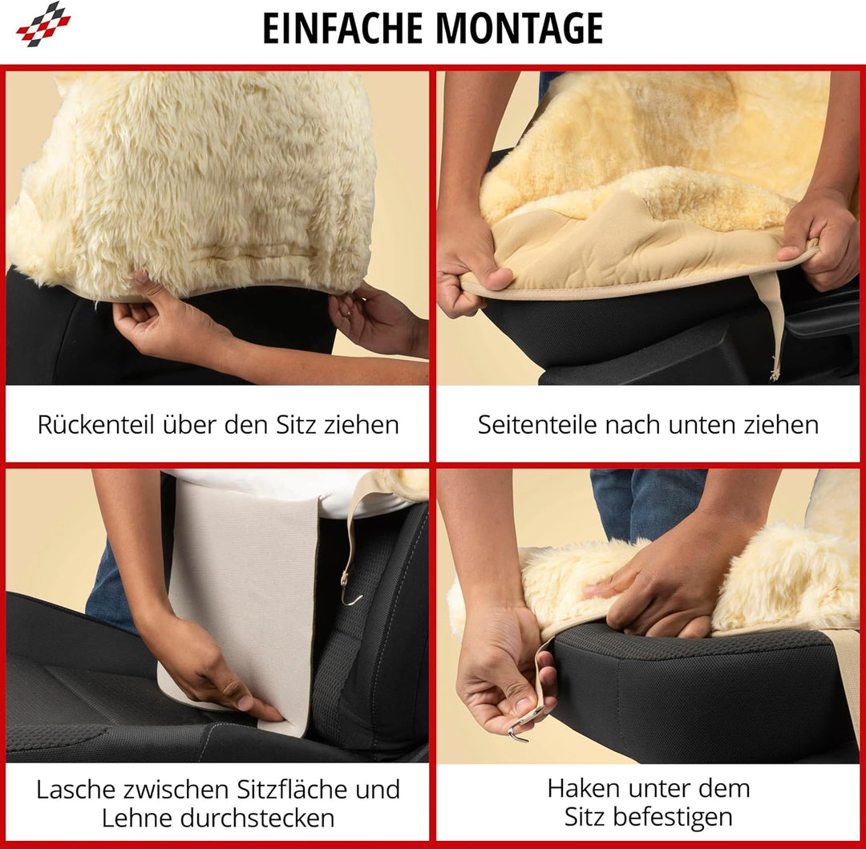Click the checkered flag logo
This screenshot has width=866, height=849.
point(43,24)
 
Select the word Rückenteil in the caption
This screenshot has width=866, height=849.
point(96,425)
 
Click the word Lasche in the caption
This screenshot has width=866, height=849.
point(75,790)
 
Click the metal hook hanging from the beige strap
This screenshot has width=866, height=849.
point(350,589)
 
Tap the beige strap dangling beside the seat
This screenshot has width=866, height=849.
point(769,325)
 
